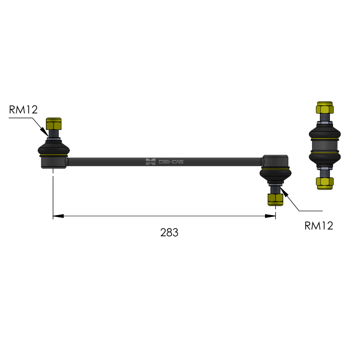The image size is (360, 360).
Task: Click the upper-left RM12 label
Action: pos(23,109)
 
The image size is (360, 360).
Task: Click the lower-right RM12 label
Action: pos(319,226)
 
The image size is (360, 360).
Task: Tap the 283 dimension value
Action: pos(169,232)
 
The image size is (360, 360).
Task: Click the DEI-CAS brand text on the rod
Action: pos(171,162)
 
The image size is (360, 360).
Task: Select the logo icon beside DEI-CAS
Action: pos(151,162)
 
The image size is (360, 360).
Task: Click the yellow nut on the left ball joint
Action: pos(54,124)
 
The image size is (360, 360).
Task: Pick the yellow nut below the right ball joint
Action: pos(275,199)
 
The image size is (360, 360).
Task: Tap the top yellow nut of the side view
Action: pos(325,108)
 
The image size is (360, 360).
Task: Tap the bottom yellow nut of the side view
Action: pos(325,183)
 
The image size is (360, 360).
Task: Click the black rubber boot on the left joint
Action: pos(54,148)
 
